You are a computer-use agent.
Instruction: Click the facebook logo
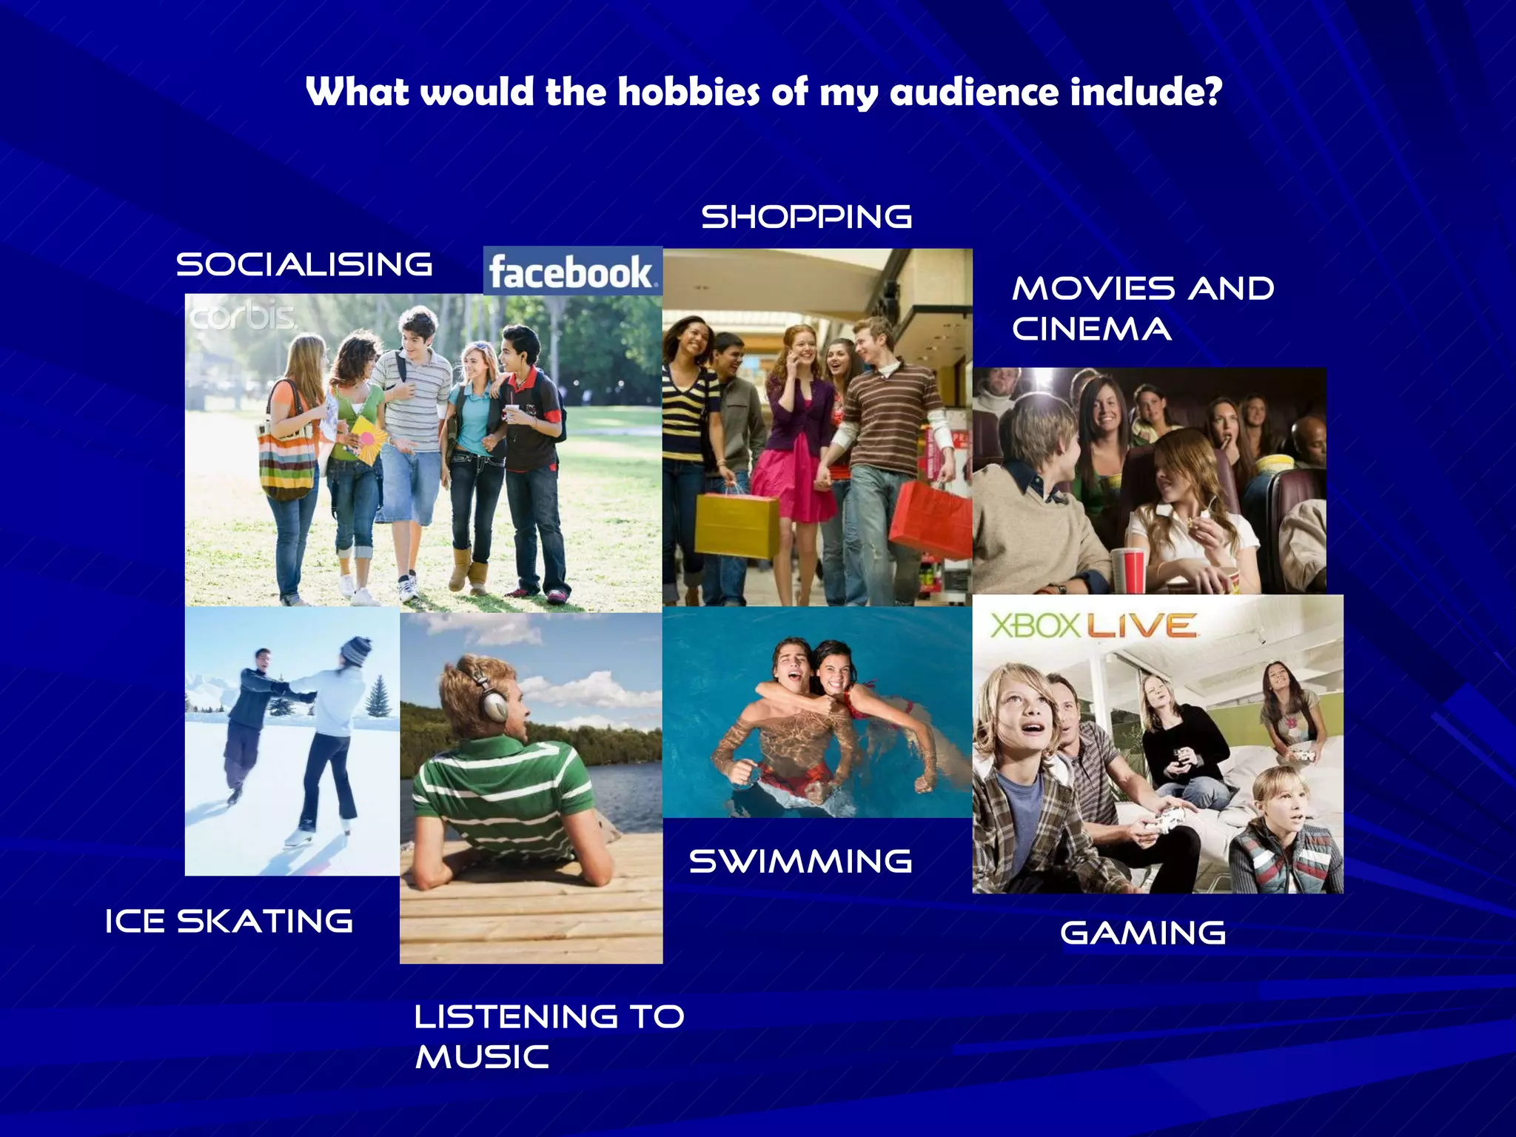(x=572, y=272)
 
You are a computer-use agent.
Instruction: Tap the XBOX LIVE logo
(x=1093, y=626)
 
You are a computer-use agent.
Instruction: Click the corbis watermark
(x=243, y=317)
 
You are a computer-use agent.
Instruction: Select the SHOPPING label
(x=806, y=217)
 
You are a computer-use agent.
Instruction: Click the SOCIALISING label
(x=304, y=264)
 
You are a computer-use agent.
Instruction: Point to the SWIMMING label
(x=800, y=861)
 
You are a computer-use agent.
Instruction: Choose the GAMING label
(x=1143, y=933)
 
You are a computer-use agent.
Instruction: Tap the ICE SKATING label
(x=229, y=922)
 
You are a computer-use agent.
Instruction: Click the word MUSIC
(x=482, y=1056)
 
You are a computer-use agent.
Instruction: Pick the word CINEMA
(x=1091, y=329)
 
